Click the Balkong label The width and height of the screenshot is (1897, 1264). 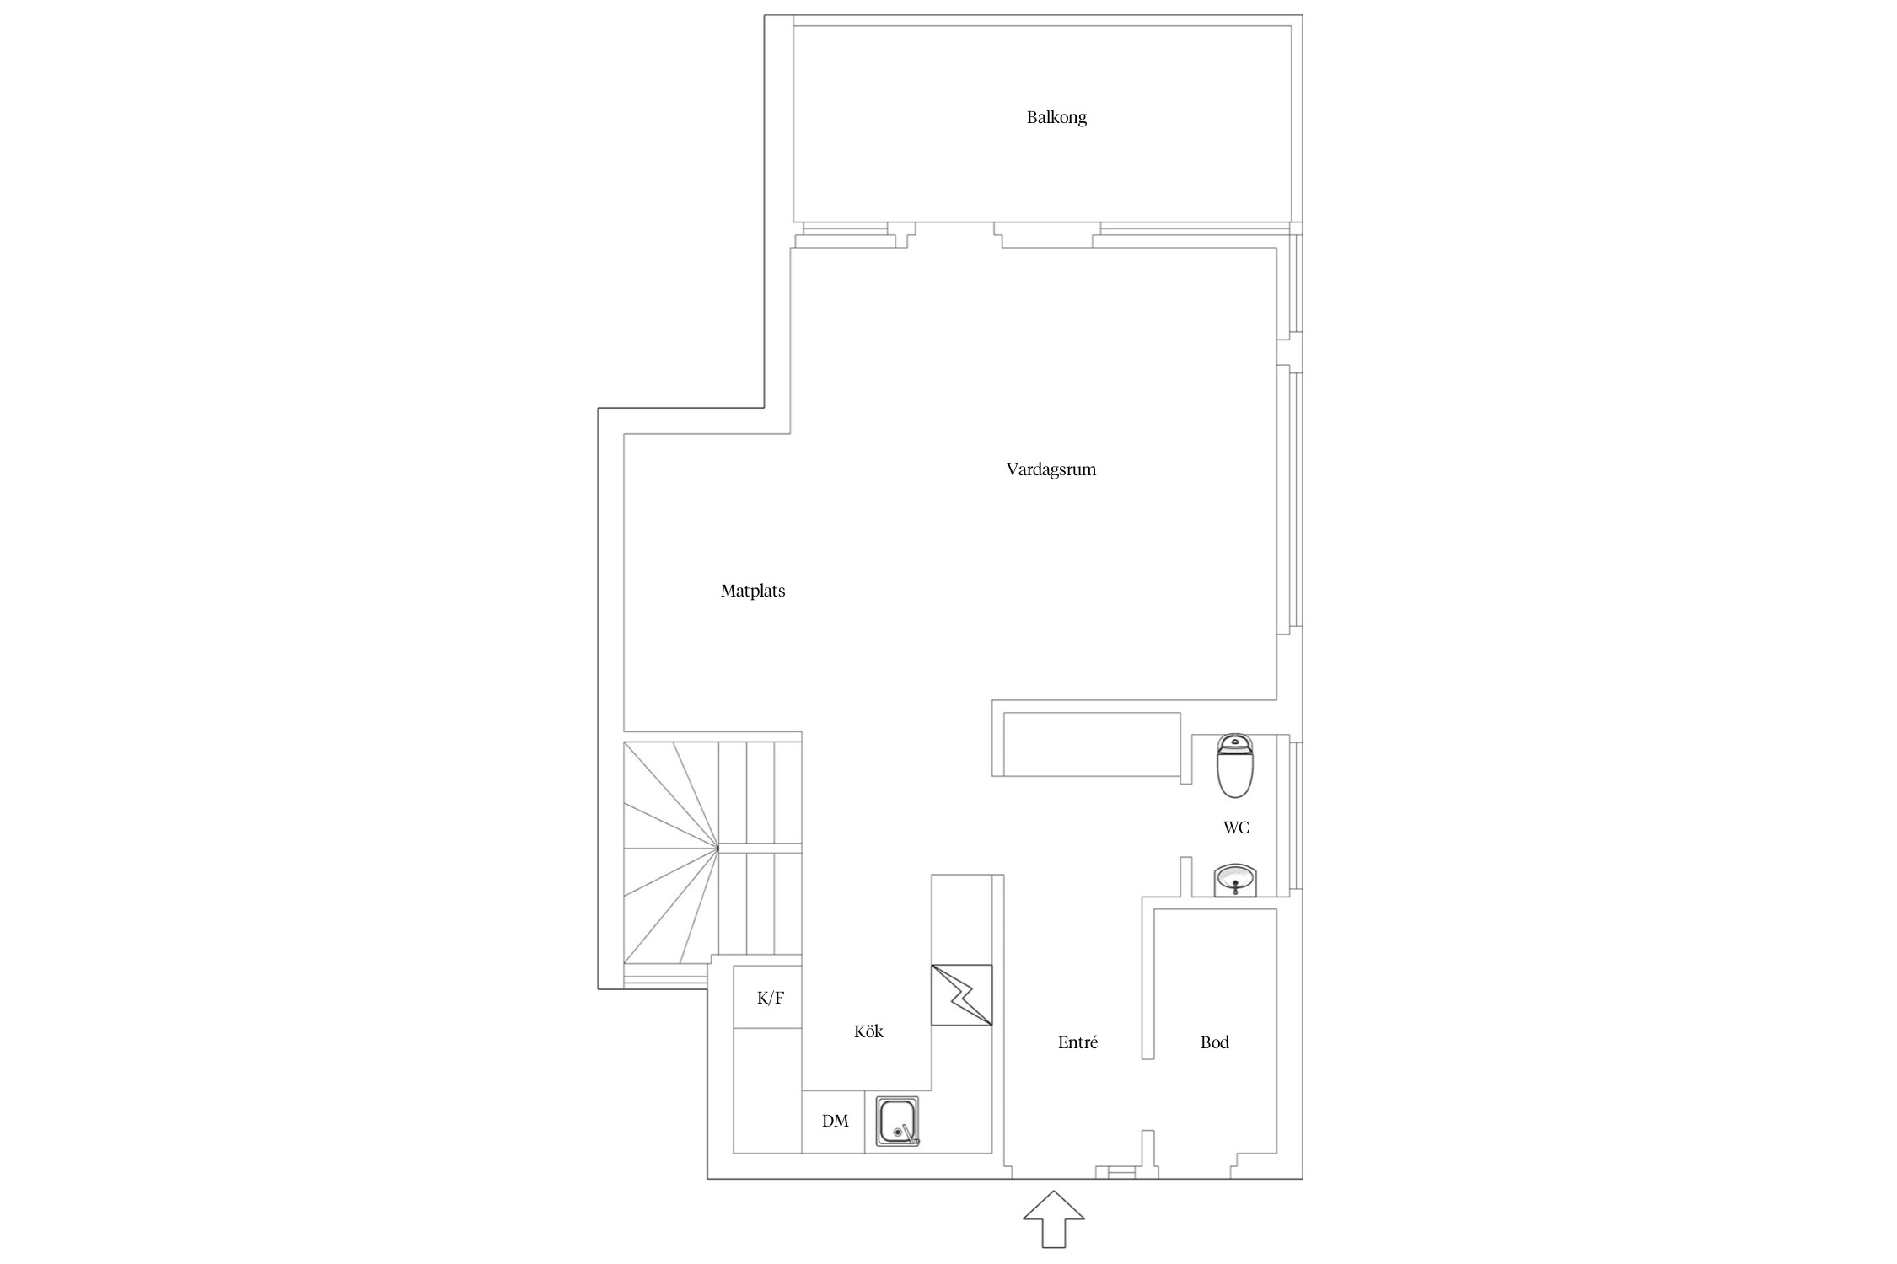(x=1056, y=118)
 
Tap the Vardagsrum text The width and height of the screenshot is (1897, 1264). (x=1051, y=470)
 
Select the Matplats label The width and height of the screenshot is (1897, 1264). (x=753, y=592)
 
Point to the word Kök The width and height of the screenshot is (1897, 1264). (x=868, y=1031)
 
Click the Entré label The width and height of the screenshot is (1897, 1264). (x=1078, y=1042)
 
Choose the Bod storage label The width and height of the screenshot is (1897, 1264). (x=1215, y=1042)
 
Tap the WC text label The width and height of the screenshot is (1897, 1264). (x=1236, y=827)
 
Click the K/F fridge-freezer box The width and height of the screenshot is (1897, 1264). (x=767, y=997)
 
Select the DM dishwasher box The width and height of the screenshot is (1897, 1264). (x=833, y=1122)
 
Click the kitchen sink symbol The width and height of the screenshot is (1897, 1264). (x=897, y=1122)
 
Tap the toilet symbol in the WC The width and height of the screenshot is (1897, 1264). (x=1236, y=766)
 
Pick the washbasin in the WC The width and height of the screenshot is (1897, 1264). (x=1235, y=881)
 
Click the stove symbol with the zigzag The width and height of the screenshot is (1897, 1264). (x=962, y=995)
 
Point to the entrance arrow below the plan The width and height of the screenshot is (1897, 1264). (x=1054, y=1218)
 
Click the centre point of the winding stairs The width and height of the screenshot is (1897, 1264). (x=718, y=847)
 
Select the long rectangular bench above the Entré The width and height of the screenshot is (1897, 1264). (x=1092, y=744)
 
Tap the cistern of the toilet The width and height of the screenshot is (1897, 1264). (x=1236, y=742)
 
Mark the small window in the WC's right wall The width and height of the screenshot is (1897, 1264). (x=1297, y=816)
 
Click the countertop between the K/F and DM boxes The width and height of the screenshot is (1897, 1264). (x=767, y=1090)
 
